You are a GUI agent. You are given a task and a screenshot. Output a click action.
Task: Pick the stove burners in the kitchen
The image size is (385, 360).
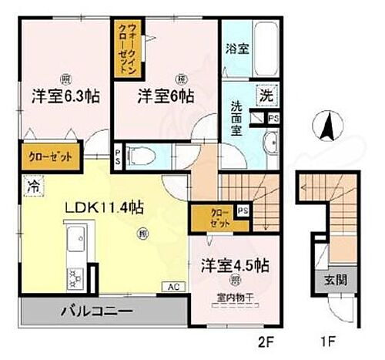[77, 275]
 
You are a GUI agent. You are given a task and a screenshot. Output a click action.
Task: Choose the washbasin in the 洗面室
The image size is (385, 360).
[271, 146]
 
